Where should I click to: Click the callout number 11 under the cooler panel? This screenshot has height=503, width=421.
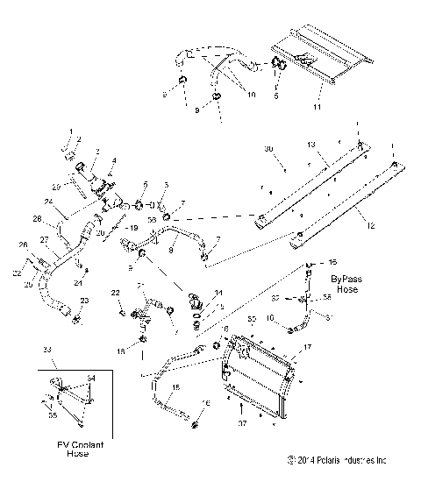click(x=318, y=107)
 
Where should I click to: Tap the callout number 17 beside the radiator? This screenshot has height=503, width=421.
click(x=307, y=347)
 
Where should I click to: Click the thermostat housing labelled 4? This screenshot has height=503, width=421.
click(x=104, y=188)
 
